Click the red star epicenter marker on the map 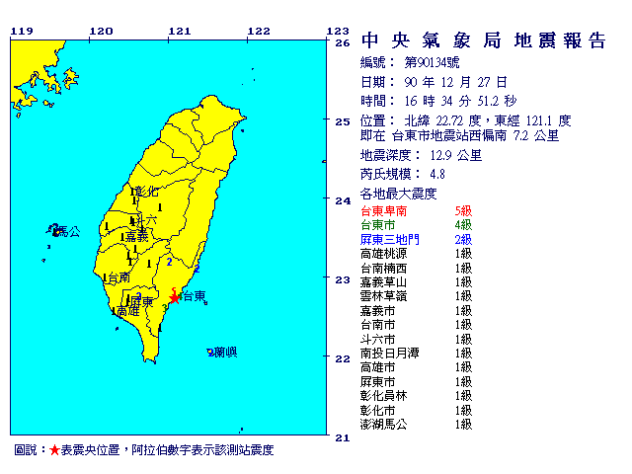click(175, 296)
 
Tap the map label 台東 click(195, 296)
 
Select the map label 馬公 click(67, 231)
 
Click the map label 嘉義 click(135, 237)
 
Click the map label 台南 click(118, 277)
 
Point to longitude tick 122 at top click(258, 31)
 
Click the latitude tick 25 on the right click(343, 121)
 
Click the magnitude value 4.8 click(424, 175)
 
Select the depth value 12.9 click(440, 156)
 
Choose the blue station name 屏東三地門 click(391, 240)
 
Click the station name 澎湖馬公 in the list click(385, 425)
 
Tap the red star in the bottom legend click(54, 450)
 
